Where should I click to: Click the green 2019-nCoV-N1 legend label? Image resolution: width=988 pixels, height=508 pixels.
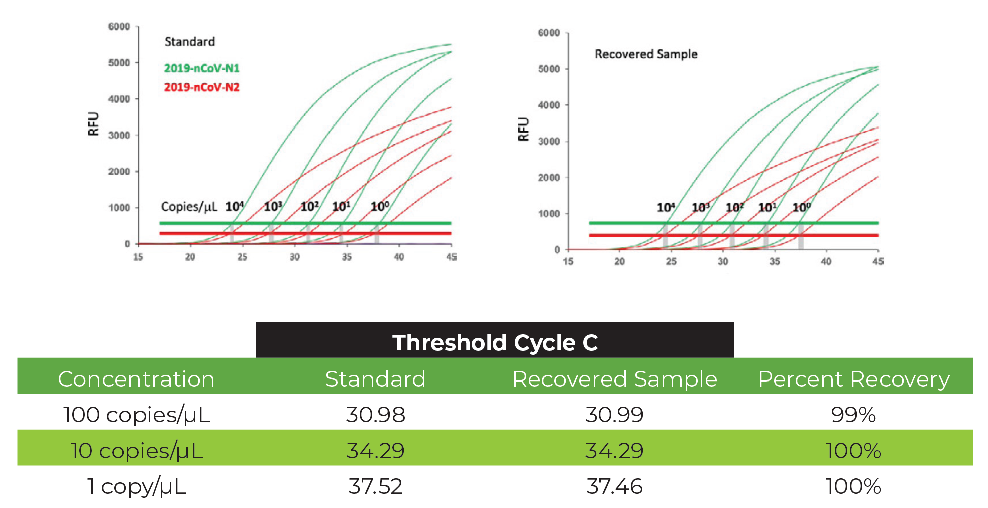pos(201,68)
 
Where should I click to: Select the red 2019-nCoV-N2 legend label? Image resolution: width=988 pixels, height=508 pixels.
pos(201,87)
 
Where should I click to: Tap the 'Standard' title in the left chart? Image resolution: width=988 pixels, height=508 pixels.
pos(189,42)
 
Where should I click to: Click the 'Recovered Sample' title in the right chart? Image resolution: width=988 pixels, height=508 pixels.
pos(646,54)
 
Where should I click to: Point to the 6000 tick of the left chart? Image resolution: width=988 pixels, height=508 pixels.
pos(119,27)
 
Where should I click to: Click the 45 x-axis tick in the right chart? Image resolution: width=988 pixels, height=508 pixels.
pos(878,261)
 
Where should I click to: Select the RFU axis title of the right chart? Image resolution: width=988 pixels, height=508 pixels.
pos(523,129)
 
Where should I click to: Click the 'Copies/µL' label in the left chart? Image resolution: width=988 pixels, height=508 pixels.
pos(189,207)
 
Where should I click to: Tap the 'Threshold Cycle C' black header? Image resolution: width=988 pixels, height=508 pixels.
pos(495,343)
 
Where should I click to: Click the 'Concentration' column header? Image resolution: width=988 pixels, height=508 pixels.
pos(136,379)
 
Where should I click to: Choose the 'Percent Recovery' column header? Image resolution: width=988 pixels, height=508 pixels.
pos(853,379)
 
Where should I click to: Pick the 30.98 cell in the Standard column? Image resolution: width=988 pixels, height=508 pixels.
pos(375,415)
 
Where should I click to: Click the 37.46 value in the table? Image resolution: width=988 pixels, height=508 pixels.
pos(614,486)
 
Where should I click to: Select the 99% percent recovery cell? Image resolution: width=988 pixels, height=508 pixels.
pos(853,415)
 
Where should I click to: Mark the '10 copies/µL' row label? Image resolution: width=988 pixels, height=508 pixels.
pos(136,451)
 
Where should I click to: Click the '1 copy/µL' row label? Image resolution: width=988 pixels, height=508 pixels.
pos(136,486)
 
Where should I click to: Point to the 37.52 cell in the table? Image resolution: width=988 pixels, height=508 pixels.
pos(375,486)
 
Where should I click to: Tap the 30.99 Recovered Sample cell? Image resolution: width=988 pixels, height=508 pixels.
pos(614,415)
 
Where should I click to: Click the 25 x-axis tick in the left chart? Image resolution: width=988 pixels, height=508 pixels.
pos(242,257)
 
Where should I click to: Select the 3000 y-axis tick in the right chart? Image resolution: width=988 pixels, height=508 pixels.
pos(548,142)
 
